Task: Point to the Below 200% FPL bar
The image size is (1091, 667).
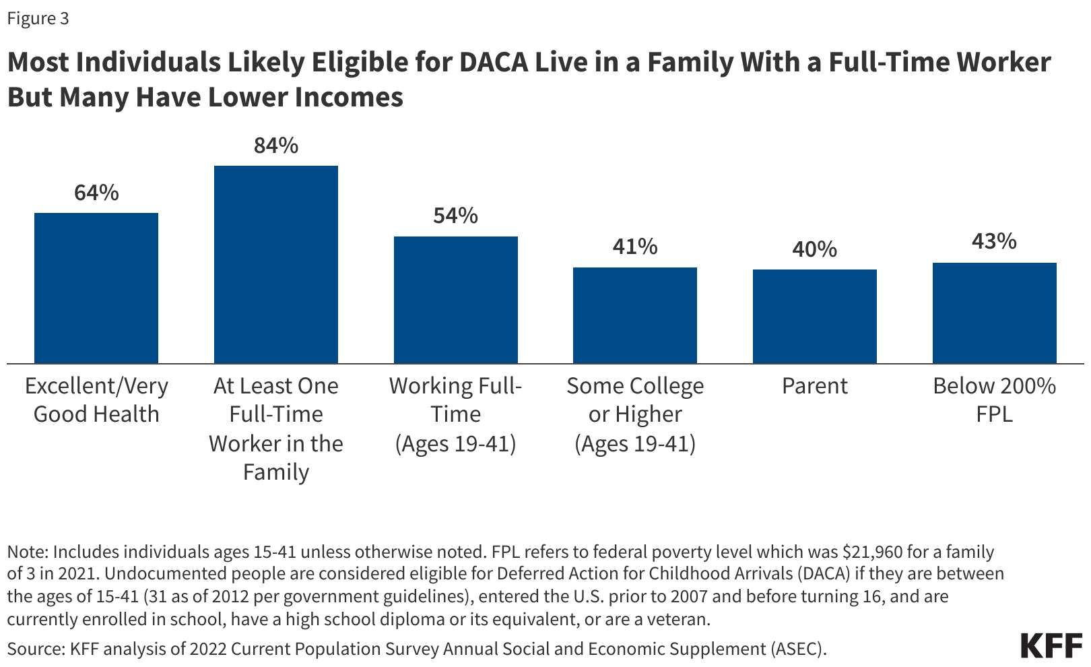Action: pos(994,313)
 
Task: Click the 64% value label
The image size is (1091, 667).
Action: pos(96,193)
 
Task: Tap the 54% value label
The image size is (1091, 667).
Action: pos(456,216)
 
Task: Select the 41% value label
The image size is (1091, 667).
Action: pos(635,247)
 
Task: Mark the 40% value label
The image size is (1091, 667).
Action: pos(815,249)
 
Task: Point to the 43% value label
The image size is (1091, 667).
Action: pos(994,241)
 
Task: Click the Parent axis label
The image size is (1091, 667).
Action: pos(815,386)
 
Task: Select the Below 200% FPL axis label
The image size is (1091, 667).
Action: pos(994,400)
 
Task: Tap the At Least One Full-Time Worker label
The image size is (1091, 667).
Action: pos(276,428)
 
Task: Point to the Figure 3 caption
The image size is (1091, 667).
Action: pos(38,18)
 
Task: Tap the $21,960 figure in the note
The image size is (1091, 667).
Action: pos(872,552)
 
